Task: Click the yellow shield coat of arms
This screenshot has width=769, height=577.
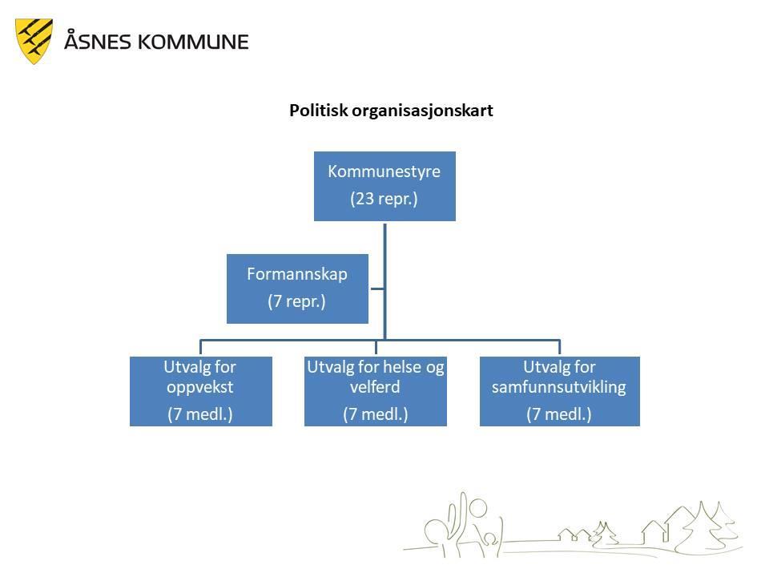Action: click(34, 41)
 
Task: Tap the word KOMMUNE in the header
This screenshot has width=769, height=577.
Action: click(193, 42)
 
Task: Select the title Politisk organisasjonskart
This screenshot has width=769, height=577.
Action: click(391, 111)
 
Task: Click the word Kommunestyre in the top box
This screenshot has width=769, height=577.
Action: click(384, 171)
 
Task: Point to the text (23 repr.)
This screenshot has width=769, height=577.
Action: click(384, 199)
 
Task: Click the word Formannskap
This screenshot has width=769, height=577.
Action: click(297, 274)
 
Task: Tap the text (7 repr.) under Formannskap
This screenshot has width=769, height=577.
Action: click(296, 301)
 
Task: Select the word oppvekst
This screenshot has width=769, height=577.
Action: click(200, 388)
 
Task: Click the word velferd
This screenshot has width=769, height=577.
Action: click(375, 386)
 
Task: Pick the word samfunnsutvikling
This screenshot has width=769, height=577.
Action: click(559, 387)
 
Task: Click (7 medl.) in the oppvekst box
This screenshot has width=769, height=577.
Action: click(200, 414)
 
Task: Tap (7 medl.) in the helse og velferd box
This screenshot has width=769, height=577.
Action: click(376, 414)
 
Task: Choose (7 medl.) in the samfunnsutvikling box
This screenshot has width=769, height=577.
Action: click(559, 414)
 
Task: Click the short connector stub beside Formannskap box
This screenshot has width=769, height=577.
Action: click(376, 288)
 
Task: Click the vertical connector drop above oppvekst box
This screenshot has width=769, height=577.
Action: click(200, 347)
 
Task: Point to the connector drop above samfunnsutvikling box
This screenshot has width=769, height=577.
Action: click(560, 347)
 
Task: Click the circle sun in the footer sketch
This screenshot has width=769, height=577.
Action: click(478, 508)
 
